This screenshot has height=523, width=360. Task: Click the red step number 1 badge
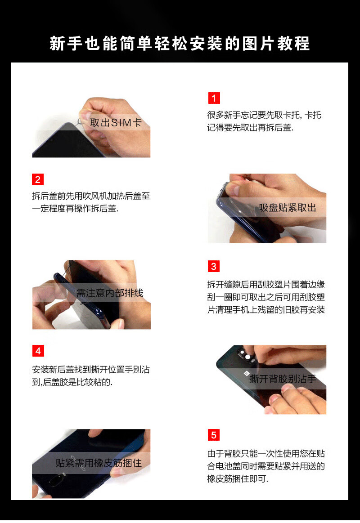(x=214, y=98)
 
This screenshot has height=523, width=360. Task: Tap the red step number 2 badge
(x=38, y=179)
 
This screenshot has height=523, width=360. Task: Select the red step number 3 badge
(x=214, y=266)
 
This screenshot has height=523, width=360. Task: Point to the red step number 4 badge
(x=38, y=351)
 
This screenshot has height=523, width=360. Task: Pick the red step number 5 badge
(x=214, y=435)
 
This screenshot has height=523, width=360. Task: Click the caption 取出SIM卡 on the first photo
(x=116, y=123)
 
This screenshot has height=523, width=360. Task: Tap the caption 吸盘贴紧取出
(x=287, y=208)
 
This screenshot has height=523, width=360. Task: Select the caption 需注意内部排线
(x=110, y=293)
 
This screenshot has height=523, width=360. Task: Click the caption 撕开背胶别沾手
(x=283, y=379)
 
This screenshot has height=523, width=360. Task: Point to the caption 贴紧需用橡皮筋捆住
(x=99, y=463)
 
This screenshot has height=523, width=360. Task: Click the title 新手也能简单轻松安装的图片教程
(x=180, y=43)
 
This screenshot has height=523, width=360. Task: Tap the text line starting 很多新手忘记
(x=264, y=115)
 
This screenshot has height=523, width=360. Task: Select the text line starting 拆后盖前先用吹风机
(x=91, y=196)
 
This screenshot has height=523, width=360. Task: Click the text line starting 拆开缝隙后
(x=266, y=285)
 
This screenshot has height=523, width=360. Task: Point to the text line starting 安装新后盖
(x=91, y=369)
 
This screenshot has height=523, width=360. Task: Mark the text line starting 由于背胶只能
(x=266, y=454)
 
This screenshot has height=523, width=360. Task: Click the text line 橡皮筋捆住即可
(x=238, y=479)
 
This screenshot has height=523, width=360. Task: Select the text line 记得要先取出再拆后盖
(x=250, y=128)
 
